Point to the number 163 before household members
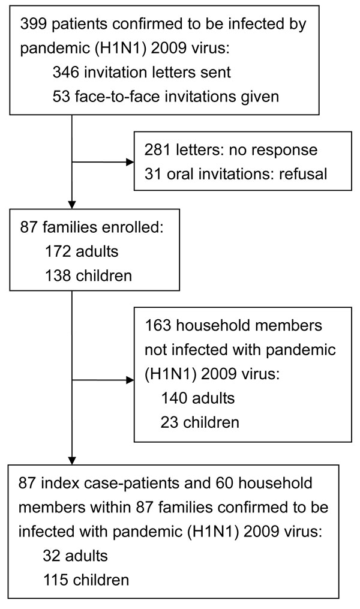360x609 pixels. point(158,325)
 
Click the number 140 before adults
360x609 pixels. point(174,398)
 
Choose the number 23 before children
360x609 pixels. point(169,422)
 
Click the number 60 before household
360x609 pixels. point(224,483)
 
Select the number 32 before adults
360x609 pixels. point(52,556)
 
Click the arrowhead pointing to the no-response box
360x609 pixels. point(130,162)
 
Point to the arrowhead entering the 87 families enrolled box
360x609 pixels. point(72,205)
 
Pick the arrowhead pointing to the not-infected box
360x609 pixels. point(130,380)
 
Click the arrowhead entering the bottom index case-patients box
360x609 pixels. point(72,461)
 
